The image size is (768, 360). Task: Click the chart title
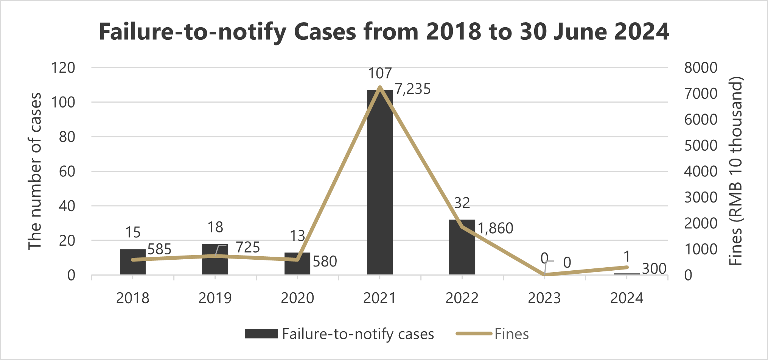(384, 31)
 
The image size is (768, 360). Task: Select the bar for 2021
(380, 182)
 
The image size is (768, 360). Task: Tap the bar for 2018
(133, 262)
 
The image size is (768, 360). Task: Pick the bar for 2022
(462, 247)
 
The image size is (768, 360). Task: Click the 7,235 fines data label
(413, 89)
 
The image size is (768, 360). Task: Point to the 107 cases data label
(380, 73)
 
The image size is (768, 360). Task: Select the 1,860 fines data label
(495, 228)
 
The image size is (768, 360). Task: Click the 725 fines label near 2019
(248, 248)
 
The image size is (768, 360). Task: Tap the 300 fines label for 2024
(654, 269)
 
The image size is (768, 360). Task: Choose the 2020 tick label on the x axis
(297, 298)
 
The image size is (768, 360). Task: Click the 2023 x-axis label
(544, 298)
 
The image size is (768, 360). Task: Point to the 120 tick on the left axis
(63, 68)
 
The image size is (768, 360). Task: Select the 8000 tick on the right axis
(701, 68)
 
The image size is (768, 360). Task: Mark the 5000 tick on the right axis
(701, 146)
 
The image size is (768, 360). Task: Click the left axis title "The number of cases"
(35, 171)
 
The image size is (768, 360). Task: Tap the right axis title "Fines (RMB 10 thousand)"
(736, 171)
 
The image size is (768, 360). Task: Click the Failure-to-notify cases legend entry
(339, 334)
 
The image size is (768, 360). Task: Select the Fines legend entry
(492, 334)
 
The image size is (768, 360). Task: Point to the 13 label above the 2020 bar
(297, 236)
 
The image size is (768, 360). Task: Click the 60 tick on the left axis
(67, 171)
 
